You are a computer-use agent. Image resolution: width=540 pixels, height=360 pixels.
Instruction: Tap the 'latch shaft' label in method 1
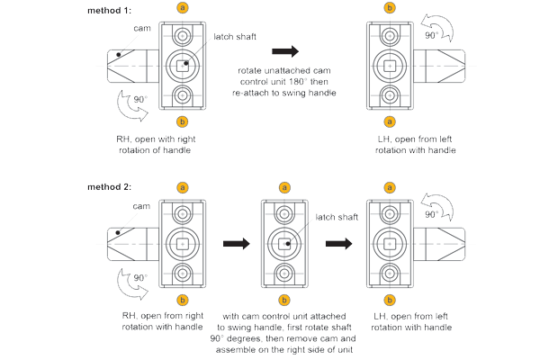237,36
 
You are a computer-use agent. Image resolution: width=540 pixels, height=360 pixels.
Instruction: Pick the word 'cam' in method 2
116,206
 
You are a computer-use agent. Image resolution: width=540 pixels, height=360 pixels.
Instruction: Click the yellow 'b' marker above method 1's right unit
390,8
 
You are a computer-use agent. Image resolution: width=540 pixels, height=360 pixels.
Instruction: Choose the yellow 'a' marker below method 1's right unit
390,121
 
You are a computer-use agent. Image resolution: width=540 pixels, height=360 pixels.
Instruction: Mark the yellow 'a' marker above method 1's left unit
184,8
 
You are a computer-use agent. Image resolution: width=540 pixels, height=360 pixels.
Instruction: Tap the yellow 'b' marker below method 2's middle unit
285,299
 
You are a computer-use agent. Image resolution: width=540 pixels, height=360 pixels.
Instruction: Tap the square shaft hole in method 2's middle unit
285,243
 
